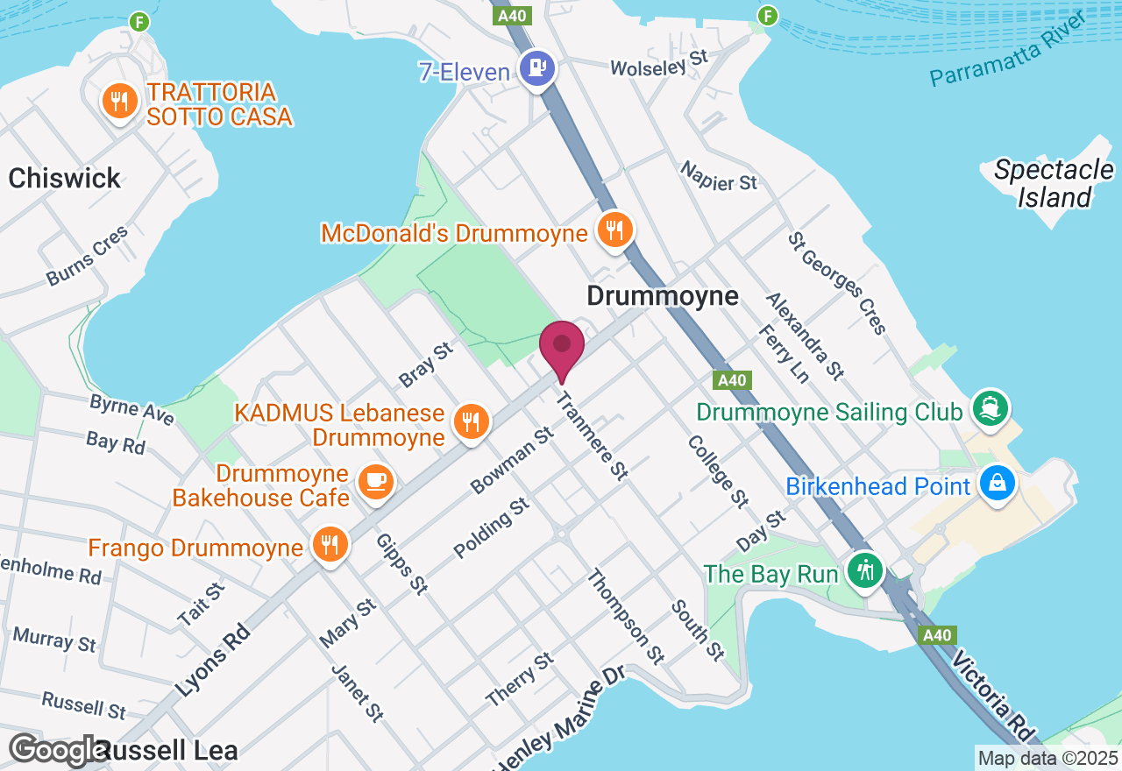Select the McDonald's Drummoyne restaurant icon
click(614, 230)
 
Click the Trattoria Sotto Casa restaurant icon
click(118, 102)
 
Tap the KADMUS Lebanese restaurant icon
click(471, 422)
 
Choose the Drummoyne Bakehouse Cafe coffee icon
click(376, 481)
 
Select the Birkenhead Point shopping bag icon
click(997, 482)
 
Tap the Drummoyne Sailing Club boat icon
click(991, 408)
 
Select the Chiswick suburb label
click(65, 179)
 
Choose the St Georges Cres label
click(837, 282)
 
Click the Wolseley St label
click(658, 63)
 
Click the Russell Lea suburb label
click(167, 751)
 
